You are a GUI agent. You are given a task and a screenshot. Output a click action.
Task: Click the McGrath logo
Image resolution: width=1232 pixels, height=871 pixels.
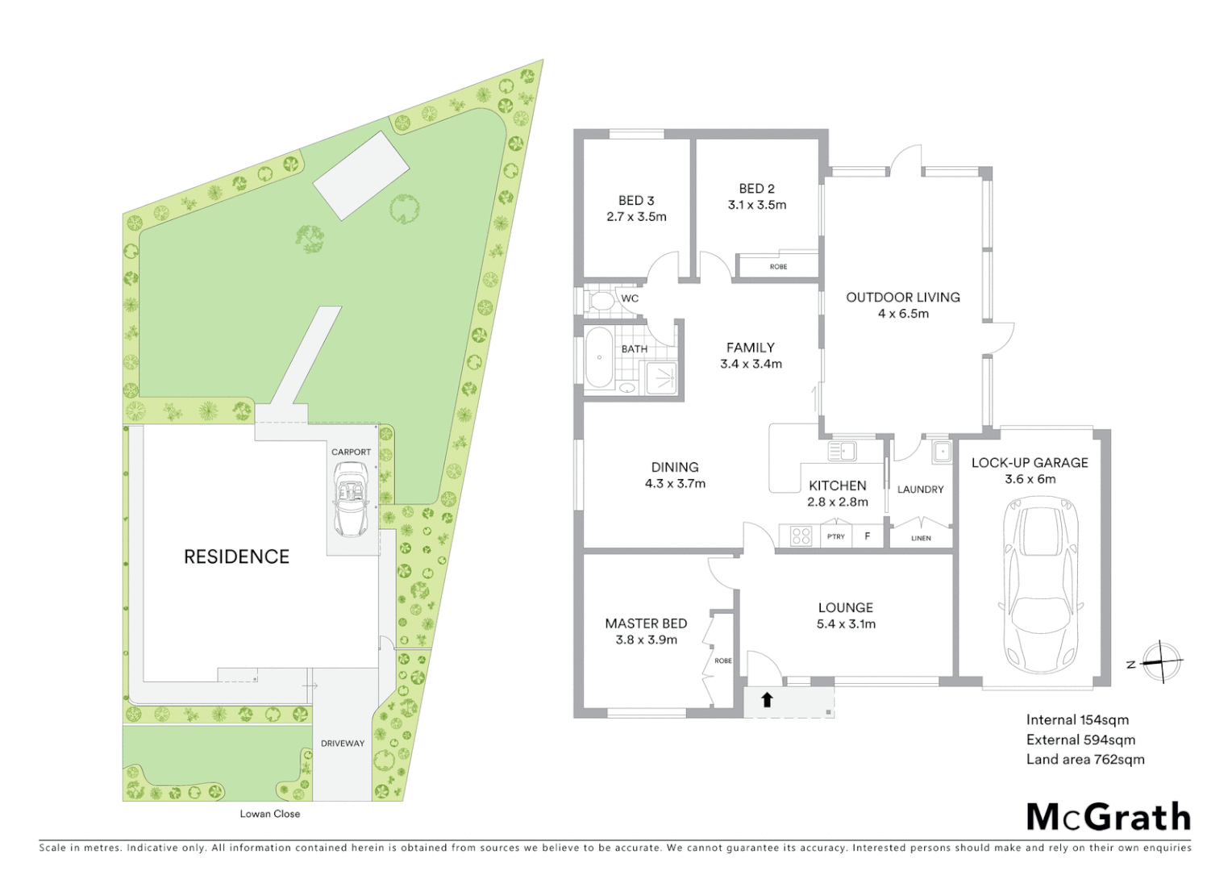[x=1109, y=817]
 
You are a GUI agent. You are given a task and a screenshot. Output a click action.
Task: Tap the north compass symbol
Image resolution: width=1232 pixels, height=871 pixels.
[x=1160, y=662]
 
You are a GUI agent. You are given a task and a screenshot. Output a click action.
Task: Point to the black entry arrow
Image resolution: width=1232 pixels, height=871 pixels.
[x=767, y=700]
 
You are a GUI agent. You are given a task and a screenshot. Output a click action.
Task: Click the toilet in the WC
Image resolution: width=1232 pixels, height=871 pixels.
[x=600, y=301]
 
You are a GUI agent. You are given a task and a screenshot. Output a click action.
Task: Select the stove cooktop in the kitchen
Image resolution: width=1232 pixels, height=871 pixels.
[x=800, y=536]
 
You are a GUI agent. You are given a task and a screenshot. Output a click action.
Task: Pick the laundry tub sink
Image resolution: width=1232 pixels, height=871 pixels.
[x=942, y=452]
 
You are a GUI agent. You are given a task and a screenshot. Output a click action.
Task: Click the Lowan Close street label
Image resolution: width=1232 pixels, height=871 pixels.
[x=269, y=814]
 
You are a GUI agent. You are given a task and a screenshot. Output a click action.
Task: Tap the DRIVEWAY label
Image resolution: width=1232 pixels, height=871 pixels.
[x=343, y=744]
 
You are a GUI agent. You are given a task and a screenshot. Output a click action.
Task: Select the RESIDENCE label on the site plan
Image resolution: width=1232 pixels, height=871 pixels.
[x=236, y=556]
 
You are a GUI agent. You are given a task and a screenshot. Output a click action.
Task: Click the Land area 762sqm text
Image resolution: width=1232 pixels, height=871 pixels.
[x=1084, y=759]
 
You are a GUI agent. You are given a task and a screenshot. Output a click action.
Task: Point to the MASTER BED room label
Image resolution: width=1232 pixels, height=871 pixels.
[x=646, y=623]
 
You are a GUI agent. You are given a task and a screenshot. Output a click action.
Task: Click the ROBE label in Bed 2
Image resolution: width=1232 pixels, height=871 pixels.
[x=778, y=267]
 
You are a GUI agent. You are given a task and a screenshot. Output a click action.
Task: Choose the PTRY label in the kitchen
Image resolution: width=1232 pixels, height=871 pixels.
[x=835, y=536]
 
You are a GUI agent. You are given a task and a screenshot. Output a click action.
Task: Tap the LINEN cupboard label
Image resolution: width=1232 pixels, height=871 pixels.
[x=921, y=538]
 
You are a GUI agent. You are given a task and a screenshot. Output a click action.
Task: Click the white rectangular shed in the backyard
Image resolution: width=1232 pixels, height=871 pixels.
[x=361, y=175]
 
